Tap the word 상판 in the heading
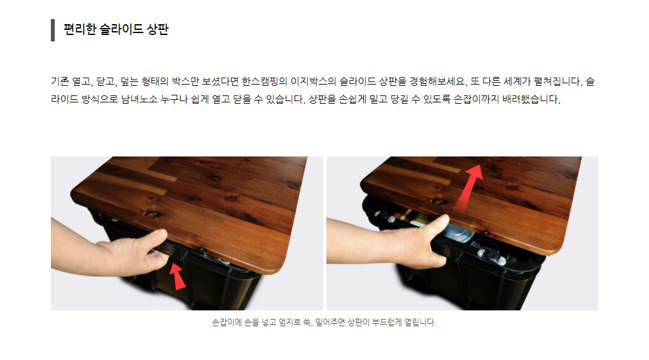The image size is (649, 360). tap(158, 29)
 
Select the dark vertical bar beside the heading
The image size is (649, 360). tap(53, 30)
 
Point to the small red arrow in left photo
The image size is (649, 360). tap(178, 277)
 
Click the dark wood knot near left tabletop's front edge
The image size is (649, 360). tap(152, 214)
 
